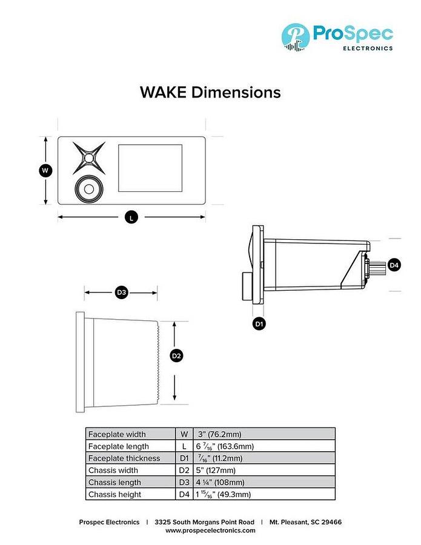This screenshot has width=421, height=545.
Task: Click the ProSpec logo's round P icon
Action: pyautogui.click(x=296, y=37)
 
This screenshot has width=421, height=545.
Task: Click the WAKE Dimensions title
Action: pyautogui.click(x=210, y=93)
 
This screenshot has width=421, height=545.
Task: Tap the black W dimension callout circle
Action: pyautogui.click(x=45, y=171)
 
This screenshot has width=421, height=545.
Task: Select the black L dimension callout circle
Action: pyautogui.click(x=131, y=217)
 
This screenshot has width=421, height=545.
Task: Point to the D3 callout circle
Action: pyautogui.click(x=121, y=292)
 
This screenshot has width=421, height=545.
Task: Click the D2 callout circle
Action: pyautogui.click(x=177, y=356)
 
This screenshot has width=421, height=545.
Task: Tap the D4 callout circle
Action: pyautogui.click(x=394, y=265)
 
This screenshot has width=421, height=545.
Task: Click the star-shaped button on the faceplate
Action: pyautogui.click(x=89, y=158)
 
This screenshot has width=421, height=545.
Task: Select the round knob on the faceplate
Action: pyautogui.click(x=89, y=189)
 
